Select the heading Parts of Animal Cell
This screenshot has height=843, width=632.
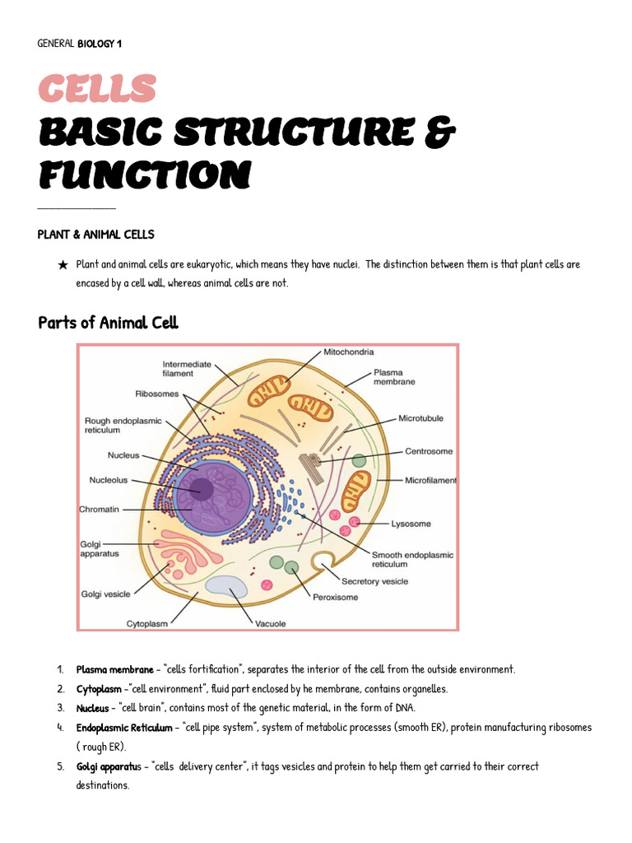pyautogui.click(x=108, y=323)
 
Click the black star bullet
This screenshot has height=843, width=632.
pyautogui.click(x=63, y=265)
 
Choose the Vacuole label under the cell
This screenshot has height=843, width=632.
pyautogui.click(x=271, y=623)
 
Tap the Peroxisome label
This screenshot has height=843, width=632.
pyautogui.click(x=335, y=597)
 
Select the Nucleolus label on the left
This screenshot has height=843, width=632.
pyautogui.click(x=109, y=481)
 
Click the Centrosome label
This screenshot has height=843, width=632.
pyautogui.click(x=428, y=451)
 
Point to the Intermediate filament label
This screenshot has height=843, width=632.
pyautogui.click(x=187, y=368)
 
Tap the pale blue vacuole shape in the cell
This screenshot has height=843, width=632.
pyautogui.click(x=226, y=586)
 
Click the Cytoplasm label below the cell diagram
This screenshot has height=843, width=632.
pyautogui.click(x=146, y=623)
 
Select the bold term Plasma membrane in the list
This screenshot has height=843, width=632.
pyautogui.click(x=114, y=669)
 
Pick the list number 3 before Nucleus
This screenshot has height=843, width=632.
pyautogui.click(x=61, y=708)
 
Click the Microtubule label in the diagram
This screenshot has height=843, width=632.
pyautogui.click(x=421, y=418)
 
